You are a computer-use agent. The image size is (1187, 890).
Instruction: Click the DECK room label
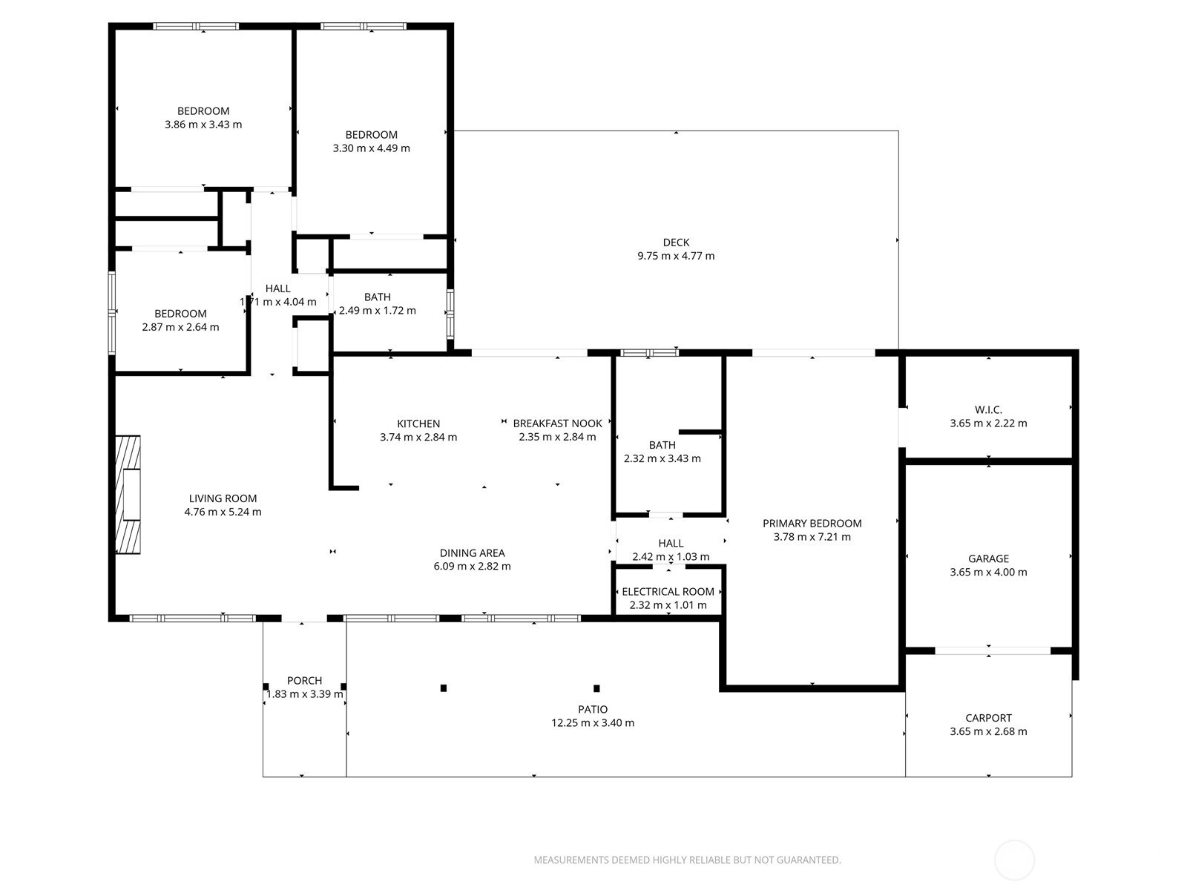(676, 243)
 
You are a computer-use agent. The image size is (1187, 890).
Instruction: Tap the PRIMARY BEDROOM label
(812, 523)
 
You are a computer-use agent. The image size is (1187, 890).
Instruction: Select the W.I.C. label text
(988, 410)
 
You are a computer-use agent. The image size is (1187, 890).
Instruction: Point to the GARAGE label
(988, 558)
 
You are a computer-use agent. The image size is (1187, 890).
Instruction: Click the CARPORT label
(988, 718)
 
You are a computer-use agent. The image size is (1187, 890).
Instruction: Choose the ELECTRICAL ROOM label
(668, 592)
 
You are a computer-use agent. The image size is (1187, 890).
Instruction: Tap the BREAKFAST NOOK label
(558, 423)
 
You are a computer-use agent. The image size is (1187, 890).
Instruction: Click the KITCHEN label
(418, 423)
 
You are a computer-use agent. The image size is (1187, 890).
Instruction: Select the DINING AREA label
(472, 553)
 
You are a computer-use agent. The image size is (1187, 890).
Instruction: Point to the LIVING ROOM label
(223, 498)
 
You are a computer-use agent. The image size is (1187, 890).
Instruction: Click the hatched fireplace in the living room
(128, 495)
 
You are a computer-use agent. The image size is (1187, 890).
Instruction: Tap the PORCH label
(304, 680)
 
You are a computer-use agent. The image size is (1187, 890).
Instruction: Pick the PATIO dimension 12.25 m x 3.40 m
(593, 723)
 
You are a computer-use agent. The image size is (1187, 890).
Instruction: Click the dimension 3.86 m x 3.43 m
(203, 125)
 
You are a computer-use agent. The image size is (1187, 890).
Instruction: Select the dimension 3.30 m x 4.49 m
(371, 148)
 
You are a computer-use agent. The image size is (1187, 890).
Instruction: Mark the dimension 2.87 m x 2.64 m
(180, 327)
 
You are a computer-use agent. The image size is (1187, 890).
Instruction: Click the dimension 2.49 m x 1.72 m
(378, 311)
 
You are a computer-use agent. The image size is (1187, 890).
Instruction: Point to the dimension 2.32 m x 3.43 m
(662, 459)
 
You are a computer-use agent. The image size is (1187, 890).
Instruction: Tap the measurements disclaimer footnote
(687, 860)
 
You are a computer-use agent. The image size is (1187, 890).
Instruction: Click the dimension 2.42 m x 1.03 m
(671, 556)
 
